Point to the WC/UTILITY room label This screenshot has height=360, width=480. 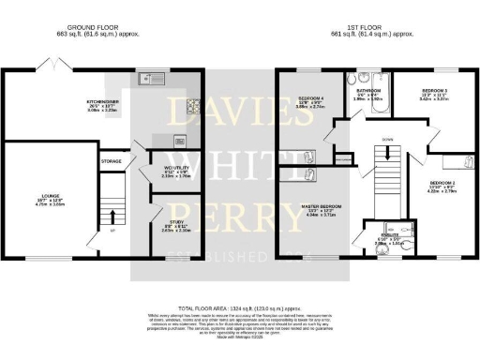pos(163,169)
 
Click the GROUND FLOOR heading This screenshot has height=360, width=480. pos(72,29)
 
